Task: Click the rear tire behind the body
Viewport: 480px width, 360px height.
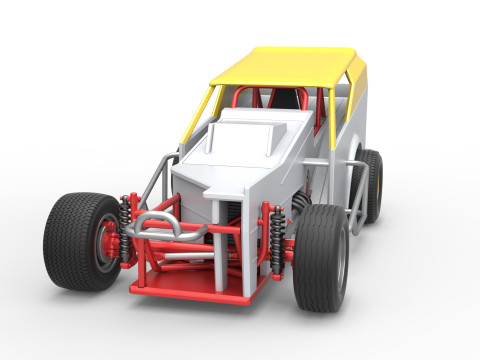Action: tap(371, 185)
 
